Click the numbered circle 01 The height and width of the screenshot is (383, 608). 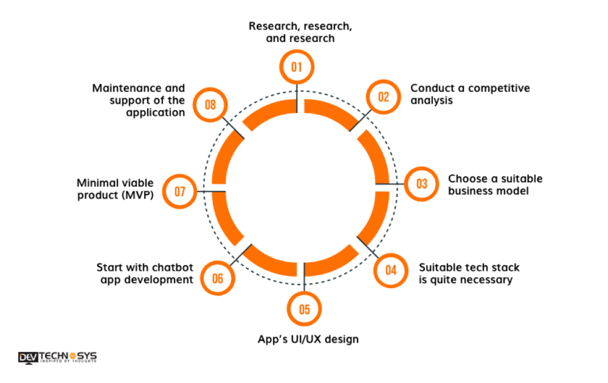pyautogui.click(x=297, y=66)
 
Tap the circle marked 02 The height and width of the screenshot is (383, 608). pyautogui.click(x=383, y=97)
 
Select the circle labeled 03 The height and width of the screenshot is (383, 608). pyautogui.click(x=421, y=184)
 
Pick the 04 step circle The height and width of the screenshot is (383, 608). pyautogui.click(x=391, y=271)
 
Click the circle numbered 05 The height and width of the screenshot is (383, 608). pyautogui.click(x=304, y=309)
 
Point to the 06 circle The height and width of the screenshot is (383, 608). pyautogui.click(x=218, y=278)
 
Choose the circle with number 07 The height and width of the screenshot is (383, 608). pyautogui.click(x=180, y=191)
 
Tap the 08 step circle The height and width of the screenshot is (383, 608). pyautogui.click(x=210, y=104)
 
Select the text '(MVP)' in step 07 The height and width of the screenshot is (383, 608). pyautogui.click(x=138, y=195)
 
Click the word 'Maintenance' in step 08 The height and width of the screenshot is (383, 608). pyautogui.click(x=122, y=88)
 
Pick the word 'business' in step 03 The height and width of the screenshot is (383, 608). pyautogui.click(x=468, y=191)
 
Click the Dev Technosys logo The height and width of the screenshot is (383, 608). pyautogui.click(x=57, y=358)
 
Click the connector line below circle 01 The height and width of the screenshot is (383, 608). pyautogui.click(x=297, y=98)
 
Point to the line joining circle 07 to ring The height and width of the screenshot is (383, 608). pyautogui.click(x=211, y=191)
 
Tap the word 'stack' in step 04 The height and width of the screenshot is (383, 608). pyautogui.click(x=505, y=267)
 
